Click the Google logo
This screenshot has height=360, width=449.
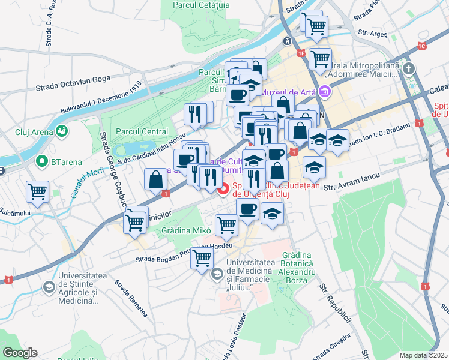(20, 352)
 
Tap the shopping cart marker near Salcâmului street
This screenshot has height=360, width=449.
(37, 192)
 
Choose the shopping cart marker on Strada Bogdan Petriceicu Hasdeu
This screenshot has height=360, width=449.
(203, 257)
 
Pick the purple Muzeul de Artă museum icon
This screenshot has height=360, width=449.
(325, 92)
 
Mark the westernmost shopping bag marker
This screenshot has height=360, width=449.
(156, 179)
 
